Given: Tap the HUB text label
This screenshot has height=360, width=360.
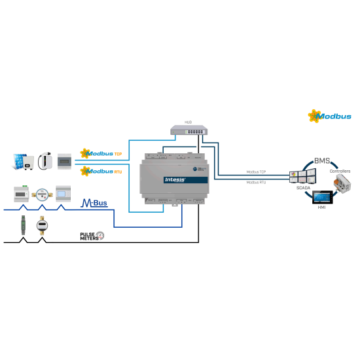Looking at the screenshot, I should coord(188,122).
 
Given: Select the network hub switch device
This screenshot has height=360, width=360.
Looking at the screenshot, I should coord(189,130).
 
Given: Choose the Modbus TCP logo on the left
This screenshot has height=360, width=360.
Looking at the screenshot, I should coord(101,154).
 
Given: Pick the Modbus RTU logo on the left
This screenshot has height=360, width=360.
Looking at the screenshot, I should coord(101,171).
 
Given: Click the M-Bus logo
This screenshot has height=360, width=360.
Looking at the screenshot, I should coord(94,204).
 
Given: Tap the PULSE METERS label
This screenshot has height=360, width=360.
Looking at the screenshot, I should coord(90,236).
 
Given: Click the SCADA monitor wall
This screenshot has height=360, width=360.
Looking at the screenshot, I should coord(303,176).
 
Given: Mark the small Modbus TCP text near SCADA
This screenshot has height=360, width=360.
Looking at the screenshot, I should coord(256,172).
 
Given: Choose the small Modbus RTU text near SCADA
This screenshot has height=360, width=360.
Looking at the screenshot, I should coord(256,183).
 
